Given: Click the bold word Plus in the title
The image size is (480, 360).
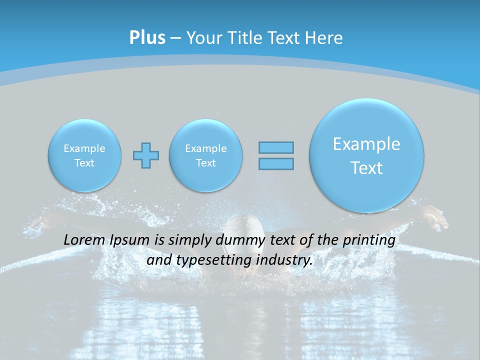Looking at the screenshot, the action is (x=147, y=37).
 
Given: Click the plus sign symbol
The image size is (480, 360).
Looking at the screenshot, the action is (x=146, y=155).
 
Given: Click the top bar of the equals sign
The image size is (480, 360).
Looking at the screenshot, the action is (x=276, y=147).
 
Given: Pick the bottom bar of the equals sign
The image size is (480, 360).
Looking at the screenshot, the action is (x=276, y=164).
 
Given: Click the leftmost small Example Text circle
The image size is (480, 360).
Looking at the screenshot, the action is (x=84, y=155).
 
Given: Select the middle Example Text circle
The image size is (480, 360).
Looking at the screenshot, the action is (x=205, y=155).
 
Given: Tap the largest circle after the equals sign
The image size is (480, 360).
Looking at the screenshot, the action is (x=366, y=155).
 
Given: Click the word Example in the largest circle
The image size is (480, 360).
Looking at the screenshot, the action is (x=366, y=144).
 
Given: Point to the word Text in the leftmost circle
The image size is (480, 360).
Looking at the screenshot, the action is (x=84, y=163).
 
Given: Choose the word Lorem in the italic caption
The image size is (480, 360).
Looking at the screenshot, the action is (x=84, y=239).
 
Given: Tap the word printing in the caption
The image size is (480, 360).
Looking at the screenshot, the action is (x=369, y=240).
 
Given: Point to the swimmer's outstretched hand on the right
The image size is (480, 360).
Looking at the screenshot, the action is (x=434, y=215).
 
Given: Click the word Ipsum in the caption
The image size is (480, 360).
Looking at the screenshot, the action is (x=129, y=240).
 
